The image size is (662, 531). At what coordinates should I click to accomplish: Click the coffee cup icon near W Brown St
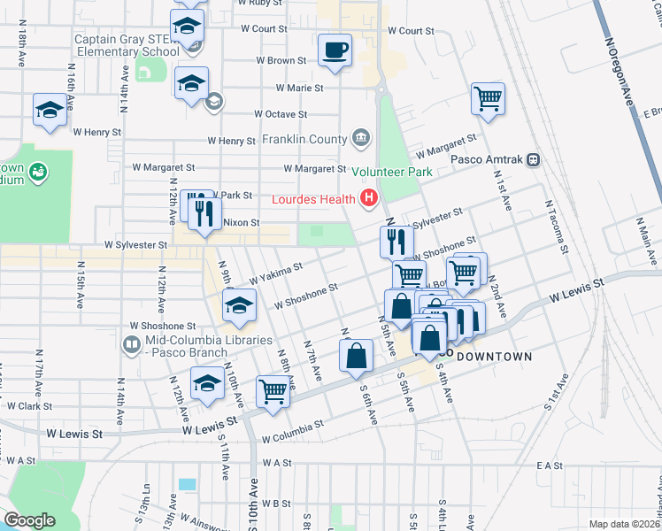click(335, 50)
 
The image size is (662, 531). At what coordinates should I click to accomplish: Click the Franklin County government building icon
click(361, 137)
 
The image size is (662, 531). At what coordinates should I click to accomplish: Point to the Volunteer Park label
click(385, 171)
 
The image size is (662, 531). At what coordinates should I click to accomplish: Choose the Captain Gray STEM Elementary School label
click(127, 45)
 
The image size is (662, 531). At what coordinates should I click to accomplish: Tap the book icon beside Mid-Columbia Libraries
click(132, 343)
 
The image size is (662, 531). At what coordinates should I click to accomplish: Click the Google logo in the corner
click(29, 520)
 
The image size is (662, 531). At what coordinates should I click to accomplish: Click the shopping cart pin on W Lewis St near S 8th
click(273, 389)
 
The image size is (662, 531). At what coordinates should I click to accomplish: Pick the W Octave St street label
click(281, 114)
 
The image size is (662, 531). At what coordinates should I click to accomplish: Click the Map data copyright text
click(624, 524)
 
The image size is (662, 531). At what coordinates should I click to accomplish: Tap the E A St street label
click(549, 465)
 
